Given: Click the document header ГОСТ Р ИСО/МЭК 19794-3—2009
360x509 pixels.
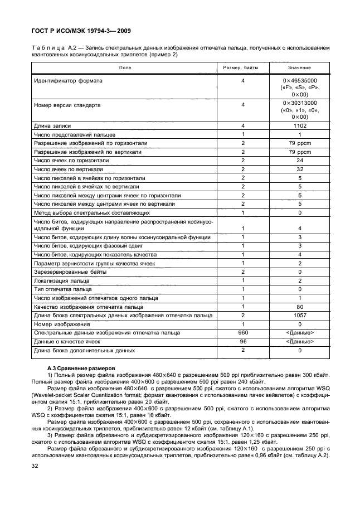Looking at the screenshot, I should pos(80,30).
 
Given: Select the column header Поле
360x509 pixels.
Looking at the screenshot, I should pos(125,67).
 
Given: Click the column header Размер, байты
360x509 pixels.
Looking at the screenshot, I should pos(243,67).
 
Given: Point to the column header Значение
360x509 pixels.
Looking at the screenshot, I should pos(299,67).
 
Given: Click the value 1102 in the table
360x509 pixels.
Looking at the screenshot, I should pos(299,126).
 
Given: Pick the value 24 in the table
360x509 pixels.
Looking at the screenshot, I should pos(299,160).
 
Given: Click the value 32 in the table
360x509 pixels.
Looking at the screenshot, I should pos(299,169).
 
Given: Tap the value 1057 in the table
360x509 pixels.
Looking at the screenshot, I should pos(299,315).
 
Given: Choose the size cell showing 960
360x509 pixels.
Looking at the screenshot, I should pos(243,332).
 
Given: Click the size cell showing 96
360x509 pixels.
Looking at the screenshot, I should pos(243,341).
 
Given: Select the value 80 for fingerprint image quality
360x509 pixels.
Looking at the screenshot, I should pos(299,307).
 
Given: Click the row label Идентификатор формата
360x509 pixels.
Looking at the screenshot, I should pos(67,81).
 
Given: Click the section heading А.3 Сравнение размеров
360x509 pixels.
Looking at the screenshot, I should pos(81,369).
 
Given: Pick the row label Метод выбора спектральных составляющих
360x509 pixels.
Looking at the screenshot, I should pos(92,212).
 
